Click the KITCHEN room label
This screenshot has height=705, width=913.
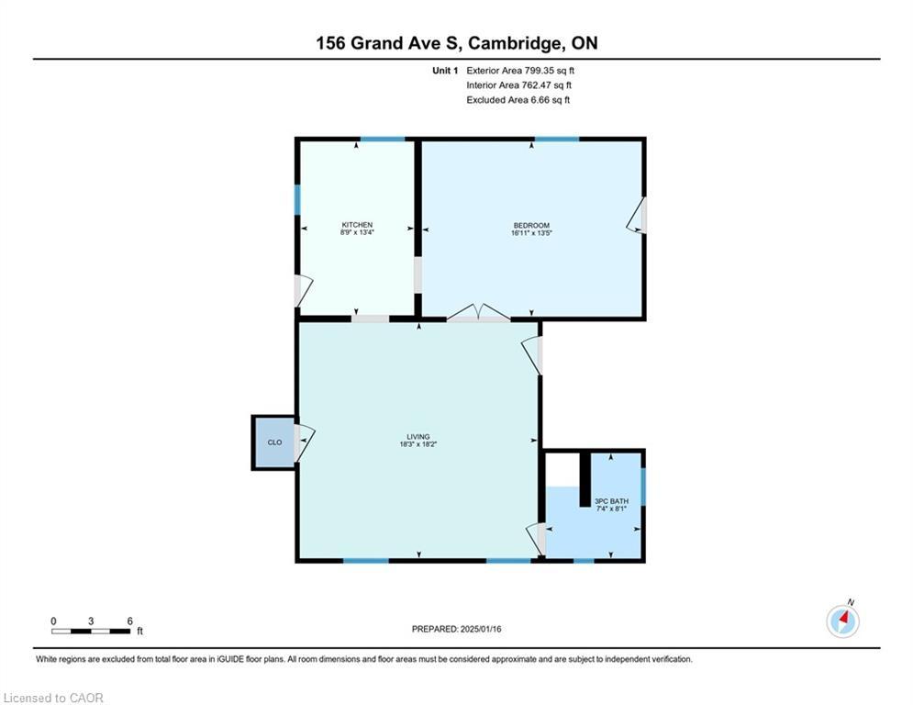(357, 225)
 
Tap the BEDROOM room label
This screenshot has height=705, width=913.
(531, 226)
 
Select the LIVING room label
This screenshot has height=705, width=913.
(418, 436)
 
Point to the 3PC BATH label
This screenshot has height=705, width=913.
(611, 501)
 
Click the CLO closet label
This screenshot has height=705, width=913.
(275, 442)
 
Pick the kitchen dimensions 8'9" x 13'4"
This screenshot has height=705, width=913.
(357, 232)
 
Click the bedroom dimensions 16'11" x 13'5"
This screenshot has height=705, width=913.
(531, 233)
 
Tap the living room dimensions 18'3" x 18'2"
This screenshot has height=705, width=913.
(418, 444)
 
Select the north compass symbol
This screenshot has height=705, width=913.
(843, 620)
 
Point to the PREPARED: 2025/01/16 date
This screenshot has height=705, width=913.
(457, 629)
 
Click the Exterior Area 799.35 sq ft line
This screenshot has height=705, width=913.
(520, 71)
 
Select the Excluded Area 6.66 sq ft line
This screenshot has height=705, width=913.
(518, 100)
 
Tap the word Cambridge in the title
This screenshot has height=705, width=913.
(516, 43)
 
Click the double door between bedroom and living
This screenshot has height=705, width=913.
(478, 312)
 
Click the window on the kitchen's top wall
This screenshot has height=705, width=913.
(383, 140)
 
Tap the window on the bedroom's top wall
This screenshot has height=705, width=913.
(557, 140)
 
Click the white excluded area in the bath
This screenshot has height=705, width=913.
(562, 469)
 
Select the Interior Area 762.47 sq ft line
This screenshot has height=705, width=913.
(518, 85)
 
